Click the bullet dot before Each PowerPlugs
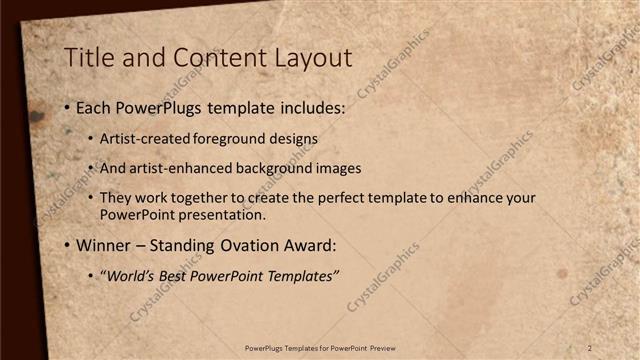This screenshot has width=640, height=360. (67, 107)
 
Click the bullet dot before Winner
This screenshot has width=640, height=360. (67, 245)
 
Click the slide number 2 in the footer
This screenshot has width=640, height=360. (590, 348)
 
